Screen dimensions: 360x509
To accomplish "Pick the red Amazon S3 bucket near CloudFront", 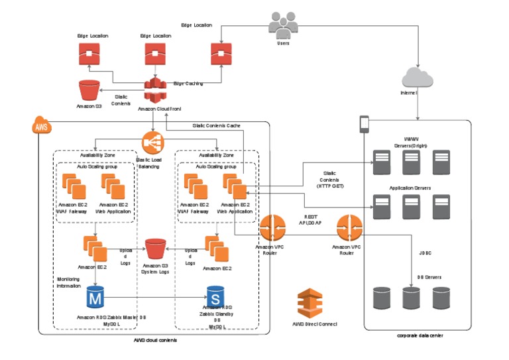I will point(88,91).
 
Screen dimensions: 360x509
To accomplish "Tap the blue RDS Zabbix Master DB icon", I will point(97,298).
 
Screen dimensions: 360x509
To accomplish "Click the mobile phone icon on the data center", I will point(364,124).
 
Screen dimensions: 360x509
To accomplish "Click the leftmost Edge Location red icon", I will point(89,54).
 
